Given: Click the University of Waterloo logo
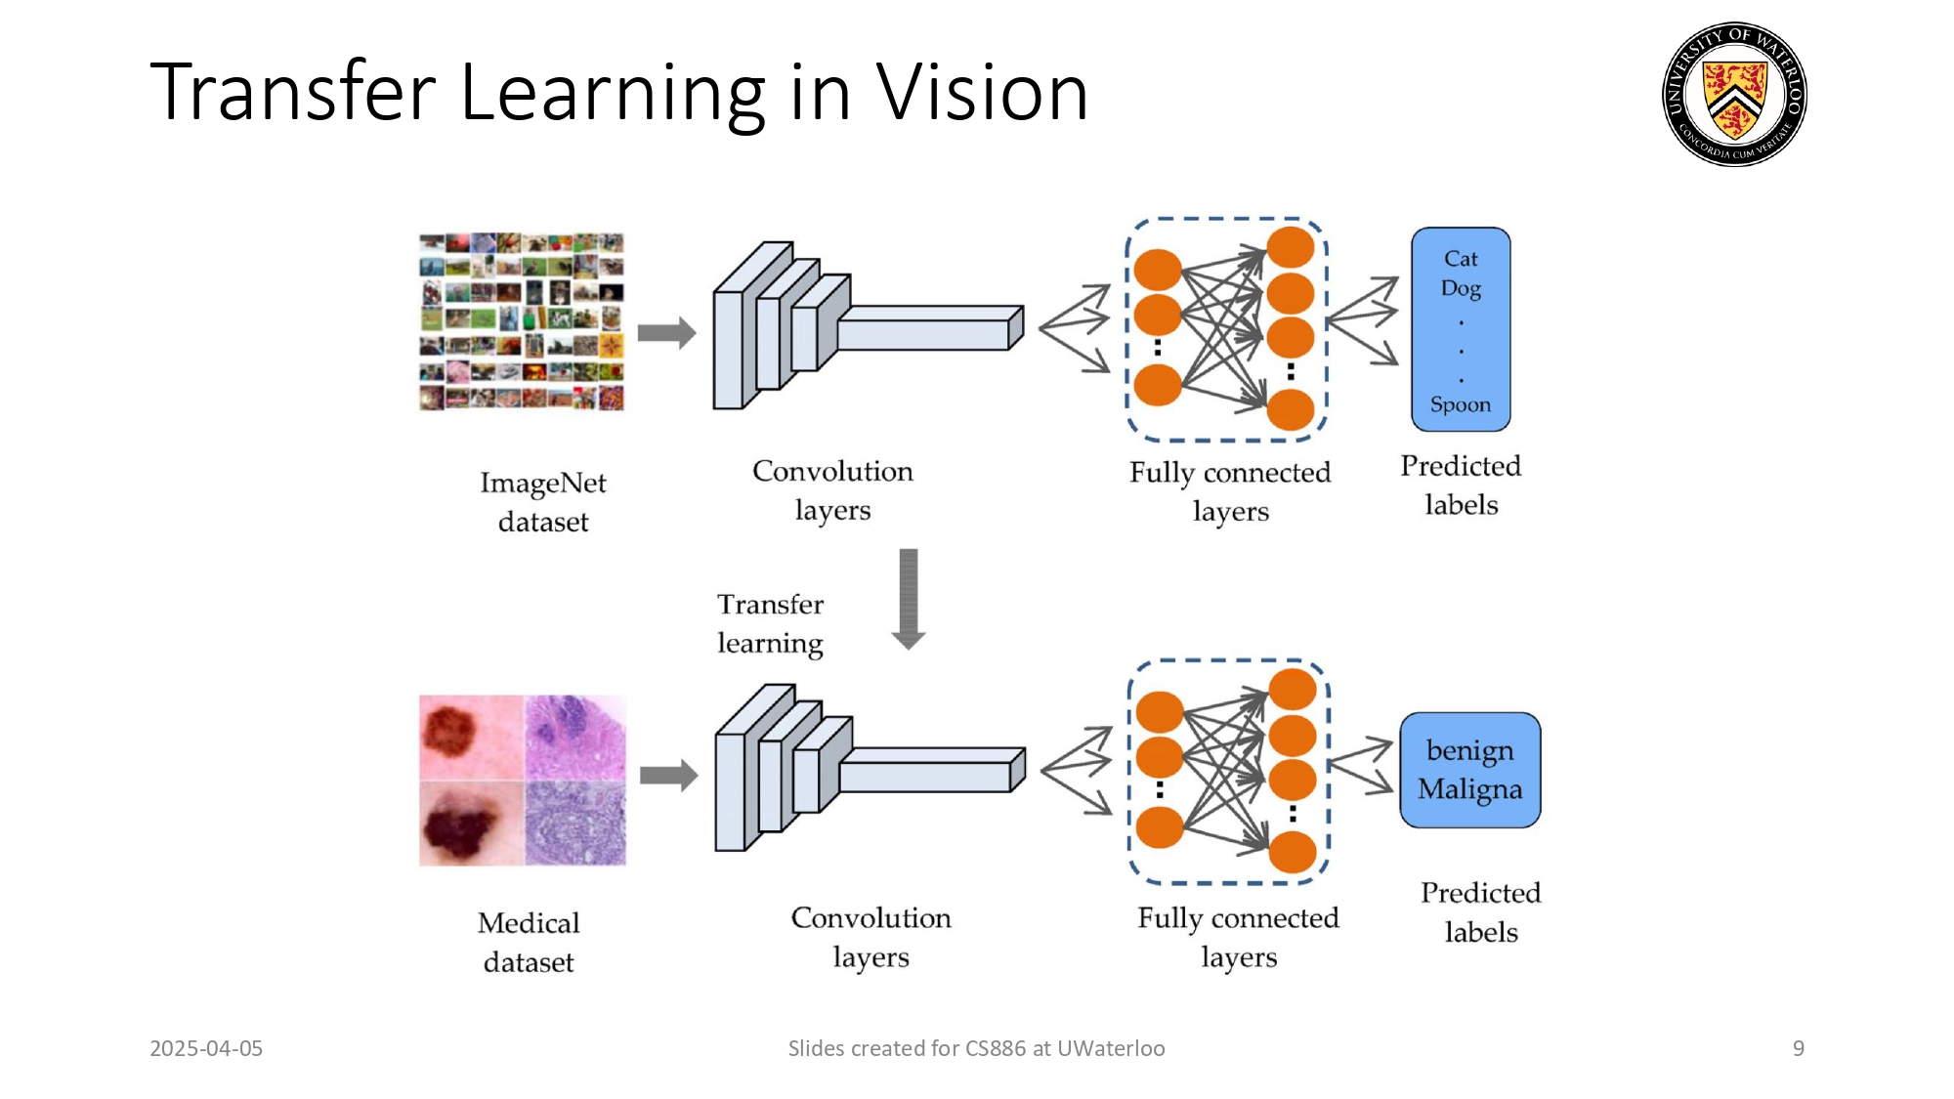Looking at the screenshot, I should click(1734, 95).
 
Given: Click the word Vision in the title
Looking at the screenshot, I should click(981, 93).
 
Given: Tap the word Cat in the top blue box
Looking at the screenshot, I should click(1461, 259).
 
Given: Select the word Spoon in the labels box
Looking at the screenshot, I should click(1461, 404).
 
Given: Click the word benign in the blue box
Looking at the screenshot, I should click(1469, 751).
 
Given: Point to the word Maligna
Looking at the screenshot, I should click(1469, 789).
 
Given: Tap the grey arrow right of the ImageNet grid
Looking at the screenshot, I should click(666, 333).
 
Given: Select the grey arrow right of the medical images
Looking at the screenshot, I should click(668, 776).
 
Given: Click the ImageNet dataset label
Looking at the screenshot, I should click(543, 502).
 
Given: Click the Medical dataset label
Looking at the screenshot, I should click(529, 942).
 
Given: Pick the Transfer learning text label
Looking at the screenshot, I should click(770, 623).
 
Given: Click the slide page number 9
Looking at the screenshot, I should click(1798, 1048).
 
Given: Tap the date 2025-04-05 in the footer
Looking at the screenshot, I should click(206, 1048).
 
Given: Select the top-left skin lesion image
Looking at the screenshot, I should click(471, 737).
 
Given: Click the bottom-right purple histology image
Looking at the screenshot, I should click(575, 823).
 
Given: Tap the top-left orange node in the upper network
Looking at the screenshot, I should click(1158, 270).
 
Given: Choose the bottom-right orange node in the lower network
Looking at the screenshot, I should click(1292, 852).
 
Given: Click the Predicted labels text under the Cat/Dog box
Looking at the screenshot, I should click(1461, 486).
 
